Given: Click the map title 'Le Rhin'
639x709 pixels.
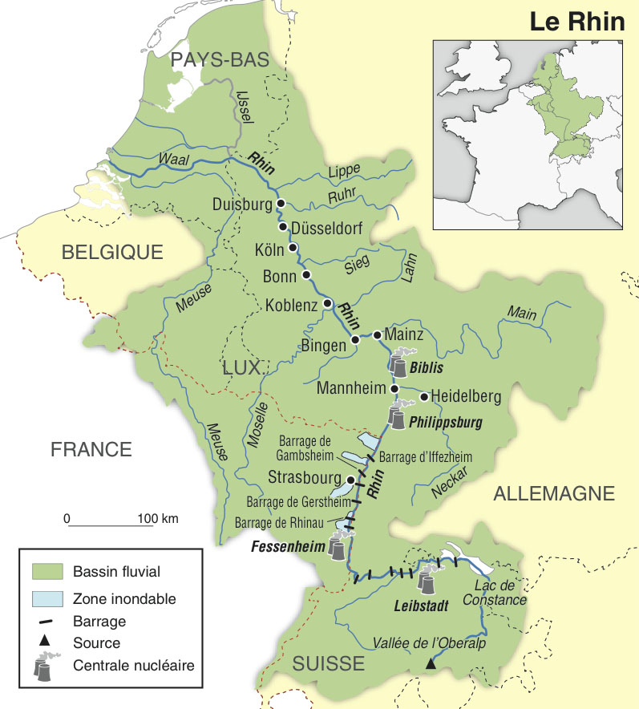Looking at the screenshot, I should (x=576, y=22).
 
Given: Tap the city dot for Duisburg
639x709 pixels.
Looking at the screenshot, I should (x=281, y=204).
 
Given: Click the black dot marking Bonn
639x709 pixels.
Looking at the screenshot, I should (x=306, y=274).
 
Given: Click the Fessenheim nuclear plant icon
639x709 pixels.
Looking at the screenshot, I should (x=339, y=548).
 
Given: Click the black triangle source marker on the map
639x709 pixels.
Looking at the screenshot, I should (x=431, y=663).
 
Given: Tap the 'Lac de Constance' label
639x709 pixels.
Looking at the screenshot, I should (x=494, y=593).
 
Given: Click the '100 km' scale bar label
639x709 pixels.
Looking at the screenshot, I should (x=158, y=517).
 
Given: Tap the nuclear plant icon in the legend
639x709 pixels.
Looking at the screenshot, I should (x=47, y=666).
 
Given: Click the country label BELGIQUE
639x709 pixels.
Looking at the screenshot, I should (x=112, y=252).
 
